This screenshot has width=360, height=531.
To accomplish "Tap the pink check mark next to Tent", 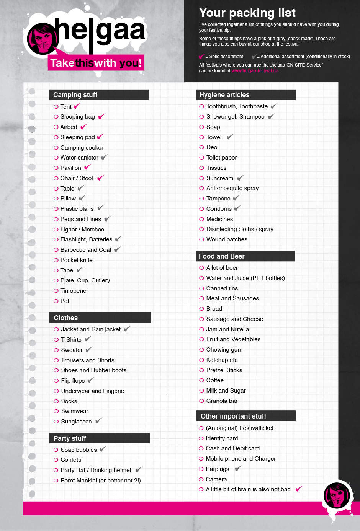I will click(x=77, y=106).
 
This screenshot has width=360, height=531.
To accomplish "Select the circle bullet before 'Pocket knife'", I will click(x=56, y=260).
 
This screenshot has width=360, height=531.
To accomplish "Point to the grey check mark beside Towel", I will click(x=230, y=137).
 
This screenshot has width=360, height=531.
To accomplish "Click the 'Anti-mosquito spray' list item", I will click(x=232, y=188).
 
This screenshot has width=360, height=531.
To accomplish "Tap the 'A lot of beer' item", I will click(x=222, y=268).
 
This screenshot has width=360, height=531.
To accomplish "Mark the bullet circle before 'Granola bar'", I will click(x=201, y=401).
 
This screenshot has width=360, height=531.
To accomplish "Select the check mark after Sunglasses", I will click(x=98, y=421).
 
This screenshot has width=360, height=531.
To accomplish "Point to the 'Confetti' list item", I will click(x=71, y=460).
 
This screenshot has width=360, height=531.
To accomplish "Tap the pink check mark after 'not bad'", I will click(x=299, y=489).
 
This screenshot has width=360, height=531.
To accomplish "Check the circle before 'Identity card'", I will click(x=201, y=438).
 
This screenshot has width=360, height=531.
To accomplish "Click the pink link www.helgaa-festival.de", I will click(x=255, y=71).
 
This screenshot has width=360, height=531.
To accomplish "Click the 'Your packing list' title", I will click(x=247, y=13).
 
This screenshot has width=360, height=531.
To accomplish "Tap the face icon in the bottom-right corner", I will click(x=337, y=496).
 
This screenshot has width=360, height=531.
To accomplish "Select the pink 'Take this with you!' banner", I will click(x=96, y=63).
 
